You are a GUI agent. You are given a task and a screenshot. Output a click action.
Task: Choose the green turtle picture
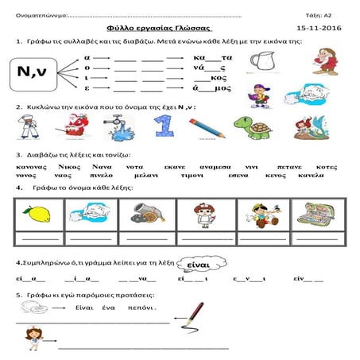coord(254,125)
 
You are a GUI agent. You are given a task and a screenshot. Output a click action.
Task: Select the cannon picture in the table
coord(144,214)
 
